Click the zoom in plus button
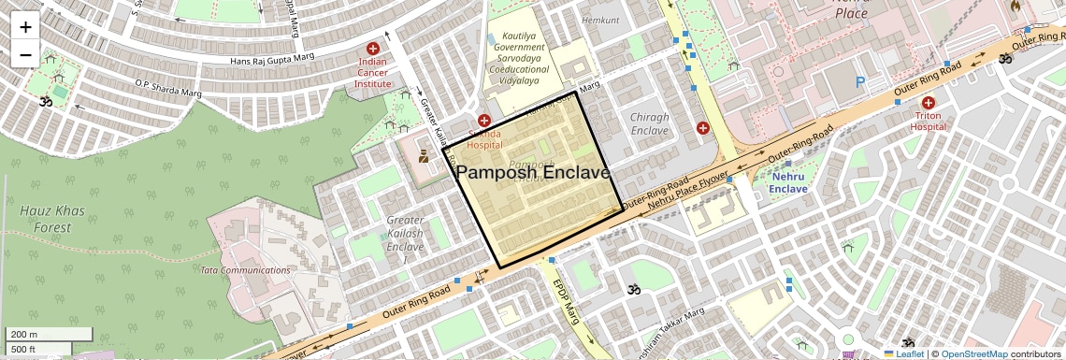point(25,26)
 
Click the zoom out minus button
point(25,54)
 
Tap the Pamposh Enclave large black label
point(533,173)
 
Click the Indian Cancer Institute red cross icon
point(373,49)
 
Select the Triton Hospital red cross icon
point(929,103)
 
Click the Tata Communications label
point(245,270)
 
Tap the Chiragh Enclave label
point(650,124)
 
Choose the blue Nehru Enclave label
point(787,181)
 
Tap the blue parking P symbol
point(859,82)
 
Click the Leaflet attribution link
point(903,354)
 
